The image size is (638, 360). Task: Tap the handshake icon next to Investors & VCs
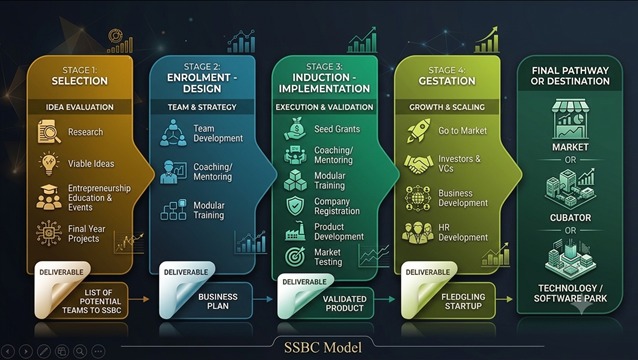click(418, 164)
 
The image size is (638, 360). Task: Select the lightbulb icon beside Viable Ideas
click(49, 164)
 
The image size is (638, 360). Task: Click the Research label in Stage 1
click(85, 132)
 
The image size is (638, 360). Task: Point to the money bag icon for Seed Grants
click(295, 129)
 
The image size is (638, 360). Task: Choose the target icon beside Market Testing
click(295, 257)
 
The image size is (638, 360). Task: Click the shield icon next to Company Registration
click(295, 206)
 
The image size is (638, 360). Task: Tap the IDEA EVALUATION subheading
click(80, 107)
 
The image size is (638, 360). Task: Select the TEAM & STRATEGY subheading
click(202, 107)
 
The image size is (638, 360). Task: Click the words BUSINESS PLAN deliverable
click(218, 301)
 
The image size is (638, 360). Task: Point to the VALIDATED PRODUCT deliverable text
click(345, 303)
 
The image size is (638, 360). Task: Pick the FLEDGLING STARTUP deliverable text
click(463, 301)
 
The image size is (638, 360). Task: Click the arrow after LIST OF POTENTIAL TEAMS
click(139, 299)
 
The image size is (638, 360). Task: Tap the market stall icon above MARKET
click(570, 119)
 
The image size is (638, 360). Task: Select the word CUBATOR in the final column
click(570, 218)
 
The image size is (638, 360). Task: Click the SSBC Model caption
click(323, 347)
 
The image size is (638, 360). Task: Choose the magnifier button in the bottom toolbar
click(80, 351)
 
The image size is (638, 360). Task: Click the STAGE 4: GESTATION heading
click(447, 76)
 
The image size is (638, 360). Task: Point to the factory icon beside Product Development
click(295, 231)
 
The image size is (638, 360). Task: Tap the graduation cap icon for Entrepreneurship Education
click(49, 197)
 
